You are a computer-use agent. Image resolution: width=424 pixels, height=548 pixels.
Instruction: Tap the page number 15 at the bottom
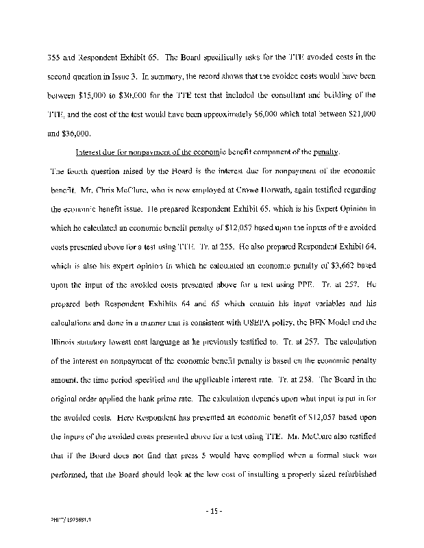tap(212, 510)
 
